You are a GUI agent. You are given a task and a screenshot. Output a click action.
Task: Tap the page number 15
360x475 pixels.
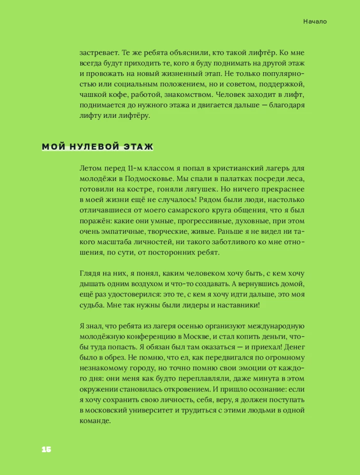[x=46, y=449]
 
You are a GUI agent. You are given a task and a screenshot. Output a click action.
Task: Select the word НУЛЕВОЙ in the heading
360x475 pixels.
[x=88, y=147]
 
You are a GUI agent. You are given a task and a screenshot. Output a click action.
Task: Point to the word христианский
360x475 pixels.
[x=231, y=169]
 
